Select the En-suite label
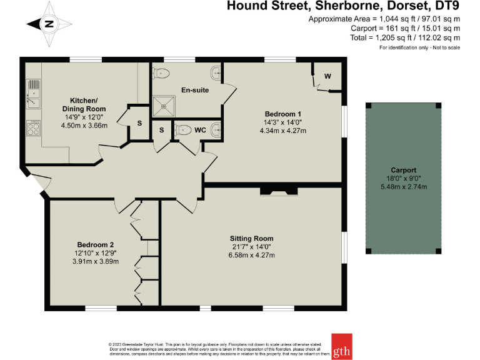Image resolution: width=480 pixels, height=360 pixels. [x=195, y=90]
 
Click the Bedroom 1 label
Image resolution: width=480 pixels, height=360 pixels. [x=279, y=114]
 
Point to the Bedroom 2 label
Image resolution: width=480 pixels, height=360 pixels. [x=96, y=244]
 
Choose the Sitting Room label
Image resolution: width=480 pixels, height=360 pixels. [x=252, y=239]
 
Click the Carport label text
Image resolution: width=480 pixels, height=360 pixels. [x=403, y=170]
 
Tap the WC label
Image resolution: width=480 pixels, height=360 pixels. [x=200, y=131]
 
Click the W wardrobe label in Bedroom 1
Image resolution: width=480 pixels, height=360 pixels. [x=327, y=76]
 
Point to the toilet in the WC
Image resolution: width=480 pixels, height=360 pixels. [x=184, y=130]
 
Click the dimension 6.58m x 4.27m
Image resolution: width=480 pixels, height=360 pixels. [x=252, y=255]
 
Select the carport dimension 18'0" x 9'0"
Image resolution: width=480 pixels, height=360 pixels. [x=403, y=178]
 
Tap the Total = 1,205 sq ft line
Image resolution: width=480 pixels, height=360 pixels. [x=405, y=38]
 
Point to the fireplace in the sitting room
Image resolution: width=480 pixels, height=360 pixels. [x=279, y=191]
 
